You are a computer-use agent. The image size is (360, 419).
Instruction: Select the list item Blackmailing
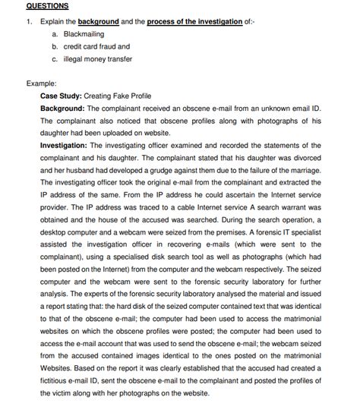84,34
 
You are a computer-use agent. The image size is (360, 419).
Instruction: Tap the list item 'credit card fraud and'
96,46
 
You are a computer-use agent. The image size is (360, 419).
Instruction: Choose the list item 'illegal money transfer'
98,58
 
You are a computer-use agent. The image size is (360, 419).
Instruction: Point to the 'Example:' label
42,83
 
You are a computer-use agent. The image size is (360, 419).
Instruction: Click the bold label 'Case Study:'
62,96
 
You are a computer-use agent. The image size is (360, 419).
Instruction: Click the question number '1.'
29,22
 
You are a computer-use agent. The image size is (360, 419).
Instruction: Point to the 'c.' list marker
55,58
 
